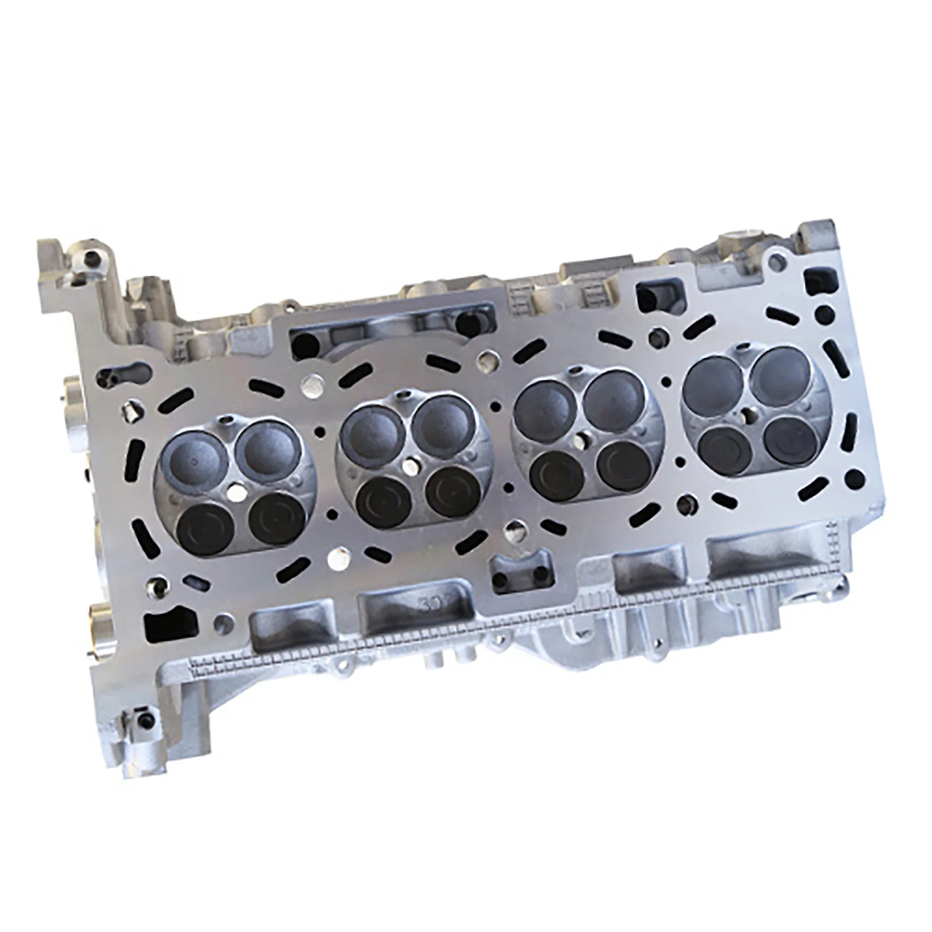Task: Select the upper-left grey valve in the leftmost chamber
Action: click(192, 460)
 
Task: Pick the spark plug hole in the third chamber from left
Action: click(580, 440)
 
